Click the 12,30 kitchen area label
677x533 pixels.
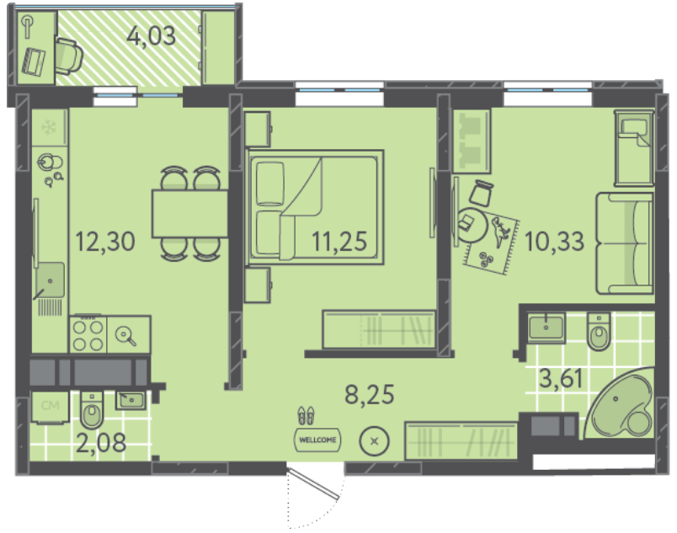[105, 242]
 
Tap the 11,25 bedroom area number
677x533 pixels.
[339, 242]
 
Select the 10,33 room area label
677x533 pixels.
[554, 242]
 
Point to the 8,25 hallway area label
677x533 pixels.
[370, 394]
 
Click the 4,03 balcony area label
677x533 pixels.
[152, 36]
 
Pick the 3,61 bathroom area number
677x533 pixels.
[562, 379]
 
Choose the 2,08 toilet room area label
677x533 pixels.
[101, 443]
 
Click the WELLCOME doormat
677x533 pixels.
[317, 440]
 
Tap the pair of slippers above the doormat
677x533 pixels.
[306, 416]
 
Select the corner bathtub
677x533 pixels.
[621, 403]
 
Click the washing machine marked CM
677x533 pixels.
[50, 406]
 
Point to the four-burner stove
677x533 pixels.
[88, 335]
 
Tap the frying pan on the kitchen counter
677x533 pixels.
[125, 336]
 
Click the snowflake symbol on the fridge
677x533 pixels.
[49, 127]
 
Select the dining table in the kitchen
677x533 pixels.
[190, 214]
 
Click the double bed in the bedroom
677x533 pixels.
[314, 207]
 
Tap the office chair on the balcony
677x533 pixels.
[68, 56]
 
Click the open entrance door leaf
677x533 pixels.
[314, 482]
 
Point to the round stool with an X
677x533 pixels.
[375, 441]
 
